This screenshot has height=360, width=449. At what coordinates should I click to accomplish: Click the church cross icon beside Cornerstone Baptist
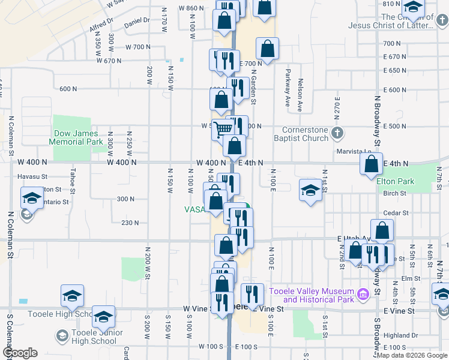[x=337, y=132]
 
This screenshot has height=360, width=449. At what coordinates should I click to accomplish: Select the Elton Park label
[x=396, y=181]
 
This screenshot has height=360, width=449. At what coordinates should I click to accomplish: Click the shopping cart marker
[x=223, y=128]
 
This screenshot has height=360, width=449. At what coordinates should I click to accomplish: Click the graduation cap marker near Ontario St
[x=31, y=197]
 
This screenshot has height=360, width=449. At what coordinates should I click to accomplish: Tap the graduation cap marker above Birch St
[x=310, y=190]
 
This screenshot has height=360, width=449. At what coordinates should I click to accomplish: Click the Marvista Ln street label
[x=351, y=151]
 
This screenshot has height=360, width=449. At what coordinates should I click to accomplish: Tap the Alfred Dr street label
[x=101, y=24]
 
